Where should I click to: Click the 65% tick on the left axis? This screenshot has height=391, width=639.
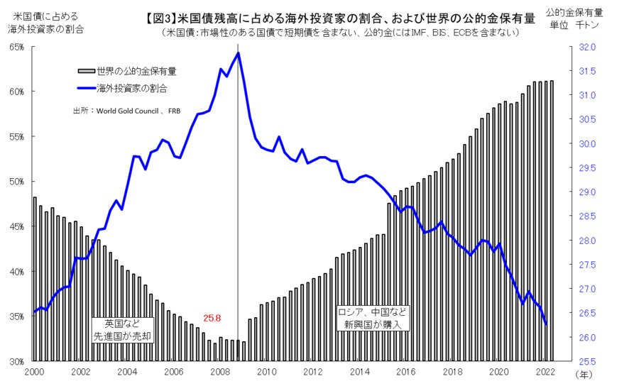click(16, 47)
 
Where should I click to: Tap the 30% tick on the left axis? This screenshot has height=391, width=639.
click(16, 362)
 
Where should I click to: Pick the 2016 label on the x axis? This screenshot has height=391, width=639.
click(405, 372)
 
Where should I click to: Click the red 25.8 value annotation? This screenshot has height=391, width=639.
click(213, 318)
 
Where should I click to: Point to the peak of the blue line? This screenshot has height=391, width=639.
click(239, 53)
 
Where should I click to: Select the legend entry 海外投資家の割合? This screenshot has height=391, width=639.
click(126, 88)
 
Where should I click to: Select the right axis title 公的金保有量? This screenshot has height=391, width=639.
click(576, 12)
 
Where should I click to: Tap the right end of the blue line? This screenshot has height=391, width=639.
click(546, 324)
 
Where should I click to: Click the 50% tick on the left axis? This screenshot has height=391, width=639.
click(16, 182)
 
